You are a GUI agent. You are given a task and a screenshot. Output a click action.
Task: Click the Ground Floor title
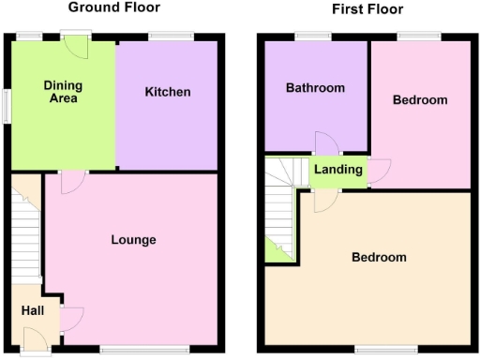[x=114, y=7]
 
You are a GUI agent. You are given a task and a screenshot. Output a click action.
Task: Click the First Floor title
[x=367, y=9]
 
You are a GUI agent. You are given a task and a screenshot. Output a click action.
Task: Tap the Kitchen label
[x=168, y=92]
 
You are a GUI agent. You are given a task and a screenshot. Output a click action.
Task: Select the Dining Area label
[x=63, y=91]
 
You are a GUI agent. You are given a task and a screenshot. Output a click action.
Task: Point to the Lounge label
[x=133, y=240]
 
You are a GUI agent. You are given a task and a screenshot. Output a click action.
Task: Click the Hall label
[x=32, y=310]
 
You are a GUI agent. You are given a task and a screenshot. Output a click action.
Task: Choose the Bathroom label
[x=315, y=88]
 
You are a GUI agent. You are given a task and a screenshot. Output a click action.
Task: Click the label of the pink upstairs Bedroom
[x=419, y=99]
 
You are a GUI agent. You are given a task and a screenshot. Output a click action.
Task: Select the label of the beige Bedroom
[x=379, y=257]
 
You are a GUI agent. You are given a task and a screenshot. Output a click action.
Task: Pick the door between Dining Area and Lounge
[x=71, y=182]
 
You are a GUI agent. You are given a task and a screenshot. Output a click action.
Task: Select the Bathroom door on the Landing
[x=326, y=143]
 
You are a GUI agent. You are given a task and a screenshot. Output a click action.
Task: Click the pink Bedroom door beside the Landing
[x=379, y=170]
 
